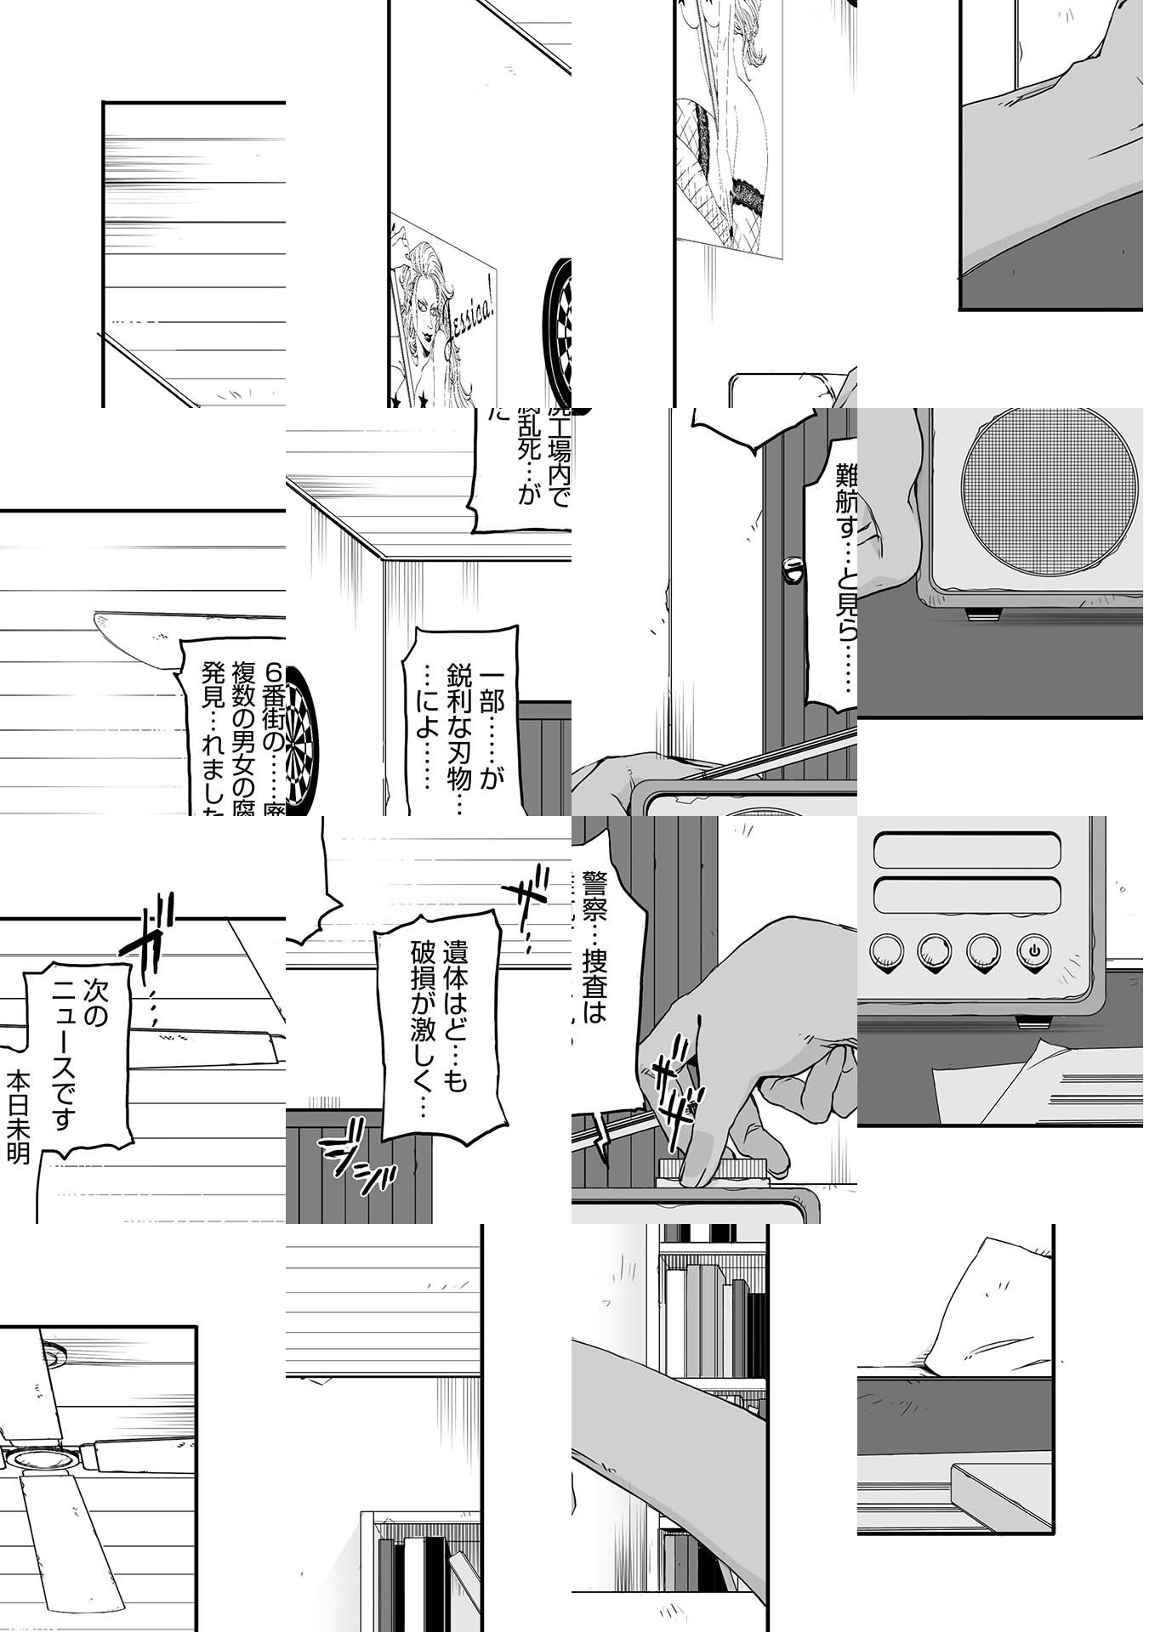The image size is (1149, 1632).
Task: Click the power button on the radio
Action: tap(1033, 949)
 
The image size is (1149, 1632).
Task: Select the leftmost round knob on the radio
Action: tap(886, 949)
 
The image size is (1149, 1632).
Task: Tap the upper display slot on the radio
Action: tap(967, 851)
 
